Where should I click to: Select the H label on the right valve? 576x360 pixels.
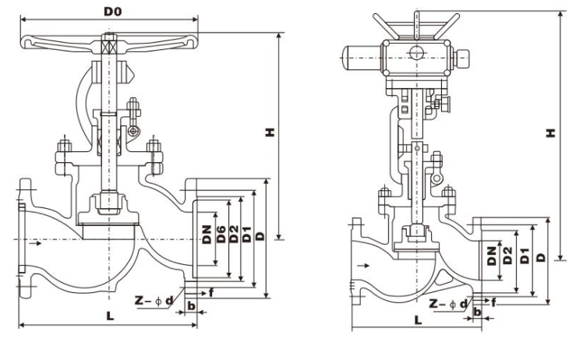[550, 132]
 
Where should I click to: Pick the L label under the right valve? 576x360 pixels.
[418, 319]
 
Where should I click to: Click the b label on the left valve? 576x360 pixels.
[191, 305]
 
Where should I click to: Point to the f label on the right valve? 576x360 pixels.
[493, 301]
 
